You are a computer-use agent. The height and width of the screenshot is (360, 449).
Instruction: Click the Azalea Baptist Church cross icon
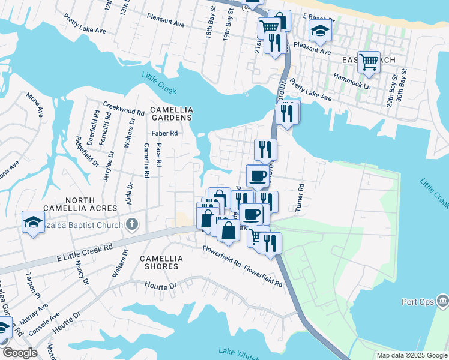coord(133,225)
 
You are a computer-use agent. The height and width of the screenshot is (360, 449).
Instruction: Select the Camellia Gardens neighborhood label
coord(172,113)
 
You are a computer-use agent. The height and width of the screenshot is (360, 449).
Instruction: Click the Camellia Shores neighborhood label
coord(160,262)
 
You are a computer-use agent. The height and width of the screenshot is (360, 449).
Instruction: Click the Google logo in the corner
coord(20,353)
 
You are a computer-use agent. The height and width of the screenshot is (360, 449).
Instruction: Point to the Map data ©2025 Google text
coord(411,355)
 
